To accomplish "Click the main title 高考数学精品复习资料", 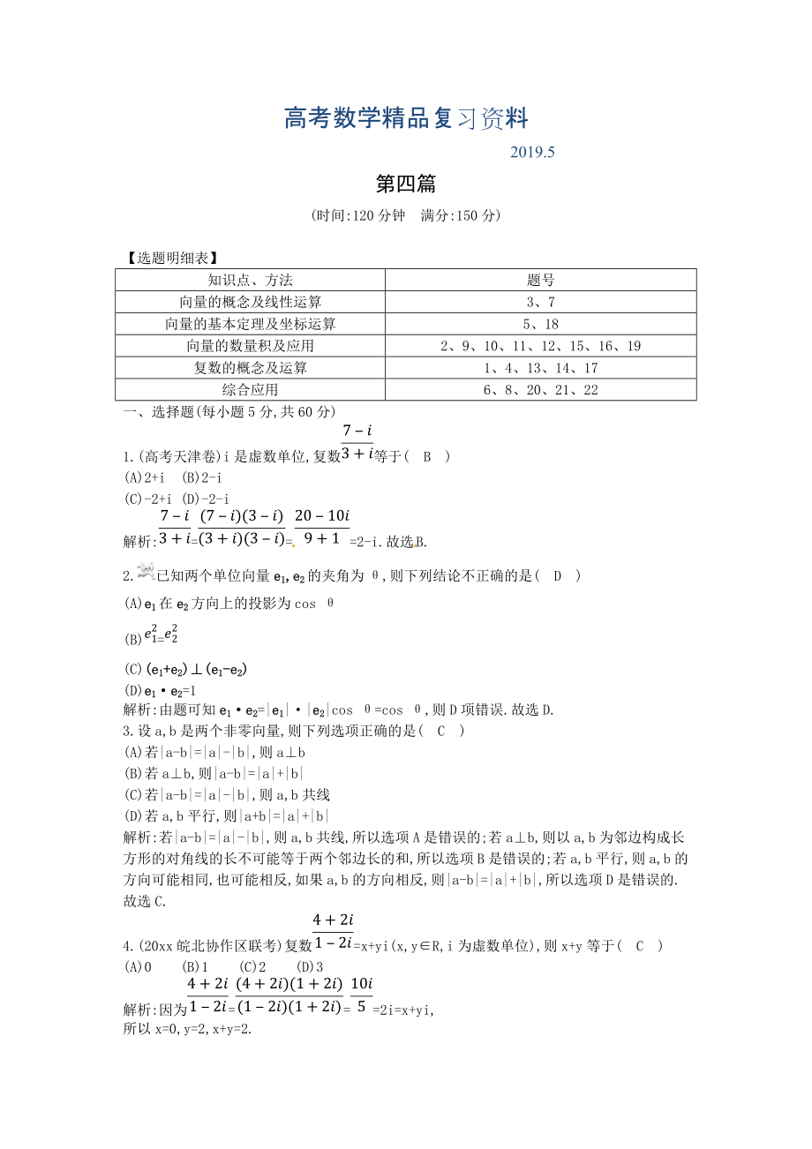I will tap(406, 118).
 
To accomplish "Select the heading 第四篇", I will tap(406, 184).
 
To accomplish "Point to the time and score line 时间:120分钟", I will tap(406, 215).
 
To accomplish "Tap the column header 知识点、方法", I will tap(250, 280).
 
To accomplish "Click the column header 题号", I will tap(540, 280).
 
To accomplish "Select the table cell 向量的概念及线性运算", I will tap(250, 302).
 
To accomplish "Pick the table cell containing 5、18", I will tap(540, 324).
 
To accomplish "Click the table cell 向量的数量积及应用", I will tap(250, 346).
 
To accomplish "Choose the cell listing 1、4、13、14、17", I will tap(540, 368).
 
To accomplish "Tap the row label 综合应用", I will tap(250, 389).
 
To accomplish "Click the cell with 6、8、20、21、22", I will tap(540, 389).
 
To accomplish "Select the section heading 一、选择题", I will tap(228, 411).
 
